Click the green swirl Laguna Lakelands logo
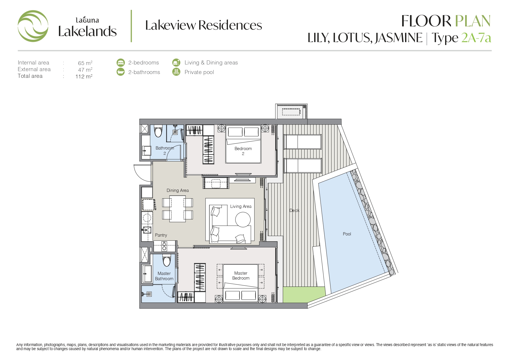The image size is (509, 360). coord(33,26)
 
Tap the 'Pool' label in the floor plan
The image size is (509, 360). coord(347,234)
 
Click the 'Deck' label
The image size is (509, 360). coord(294,210)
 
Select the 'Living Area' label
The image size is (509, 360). coord(241,206)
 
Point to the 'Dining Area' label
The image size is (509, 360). coord(178,190)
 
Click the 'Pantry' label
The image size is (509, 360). coord(161,235)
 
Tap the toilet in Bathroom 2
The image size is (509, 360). coord(158,131)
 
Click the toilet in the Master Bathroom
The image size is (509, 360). coord(167,260)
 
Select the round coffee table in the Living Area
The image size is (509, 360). coord(243,219)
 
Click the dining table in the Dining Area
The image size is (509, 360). coord(177,209)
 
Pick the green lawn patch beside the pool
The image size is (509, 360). coord(304,294)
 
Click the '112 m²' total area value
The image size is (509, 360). coord(84,76)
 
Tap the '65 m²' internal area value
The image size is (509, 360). coord(85,63)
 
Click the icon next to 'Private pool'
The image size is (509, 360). coord(176,72)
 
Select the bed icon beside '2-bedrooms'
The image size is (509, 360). coord(120,62)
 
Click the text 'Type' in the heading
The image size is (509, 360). coord(445,38)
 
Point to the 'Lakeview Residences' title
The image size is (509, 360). coord(204,25)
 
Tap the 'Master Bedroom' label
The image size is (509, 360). coord(241,276)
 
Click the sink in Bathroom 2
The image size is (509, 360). coord(147,151)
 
